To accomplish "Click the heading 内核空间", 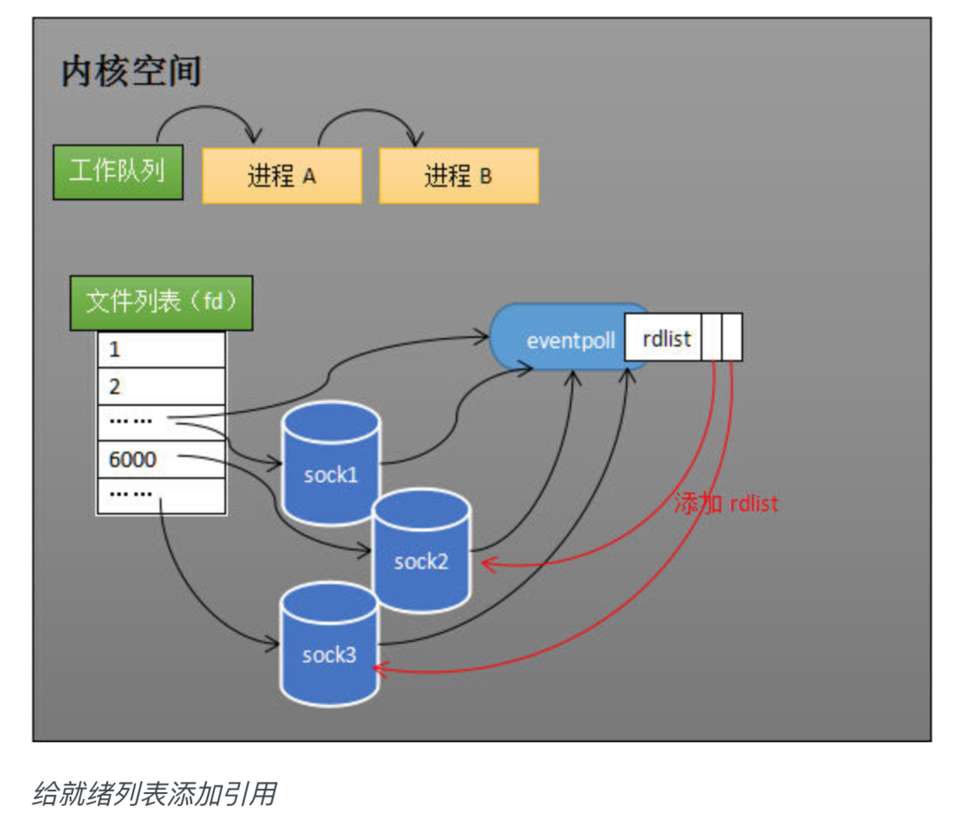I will tap(131, 72).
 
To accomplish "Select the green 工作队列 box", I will tap(117, 171).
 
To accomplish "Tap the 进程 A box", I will tap(282, 176).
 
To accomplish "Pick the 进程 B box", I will tap(459, 176).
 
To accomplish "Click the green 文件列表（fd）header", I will tap(160, 301).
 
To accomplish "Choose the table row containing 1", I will tap(160, 349).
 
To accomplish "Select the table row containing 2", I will tap(160, 386).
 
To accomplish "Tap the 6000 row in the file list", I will tap(160, 460).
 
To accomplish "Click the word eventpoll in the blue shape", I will tap(571, 340).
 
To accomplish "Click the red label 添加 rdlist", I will tap(725, 503).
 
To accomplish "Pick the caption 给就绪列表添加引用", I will tap(154, 794).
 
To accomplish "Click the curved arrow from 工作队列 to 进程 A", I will tap(206, 111).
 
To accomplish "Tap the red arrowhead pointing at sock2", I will tap(489, 563).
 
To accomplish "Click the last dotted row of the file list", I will tap(160, 495).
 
